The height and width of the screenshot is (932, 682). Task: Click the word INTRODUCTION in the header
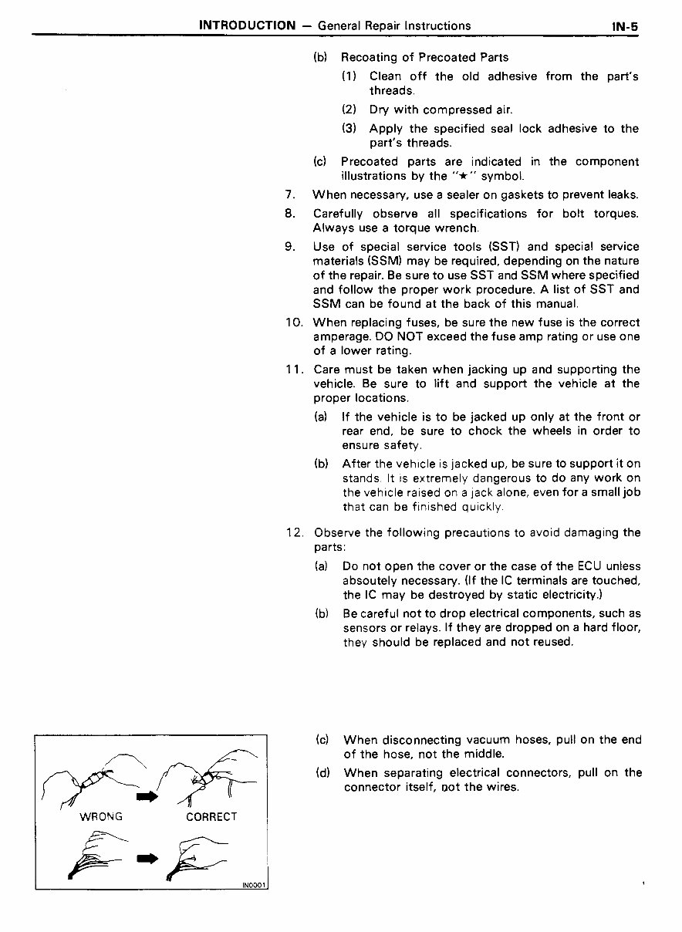[247, 25]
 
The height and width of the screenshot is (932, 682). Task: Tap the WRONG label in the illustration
[102, 816]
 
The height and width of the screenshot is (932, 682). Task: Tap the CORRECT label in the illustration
[211, 816]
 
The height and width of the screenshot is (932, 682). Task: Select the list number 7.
[289, 195]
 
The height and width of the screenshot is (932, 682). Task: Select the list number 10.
[293, 322]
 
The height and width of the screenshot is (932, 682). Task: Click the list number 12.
[295, 532]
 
